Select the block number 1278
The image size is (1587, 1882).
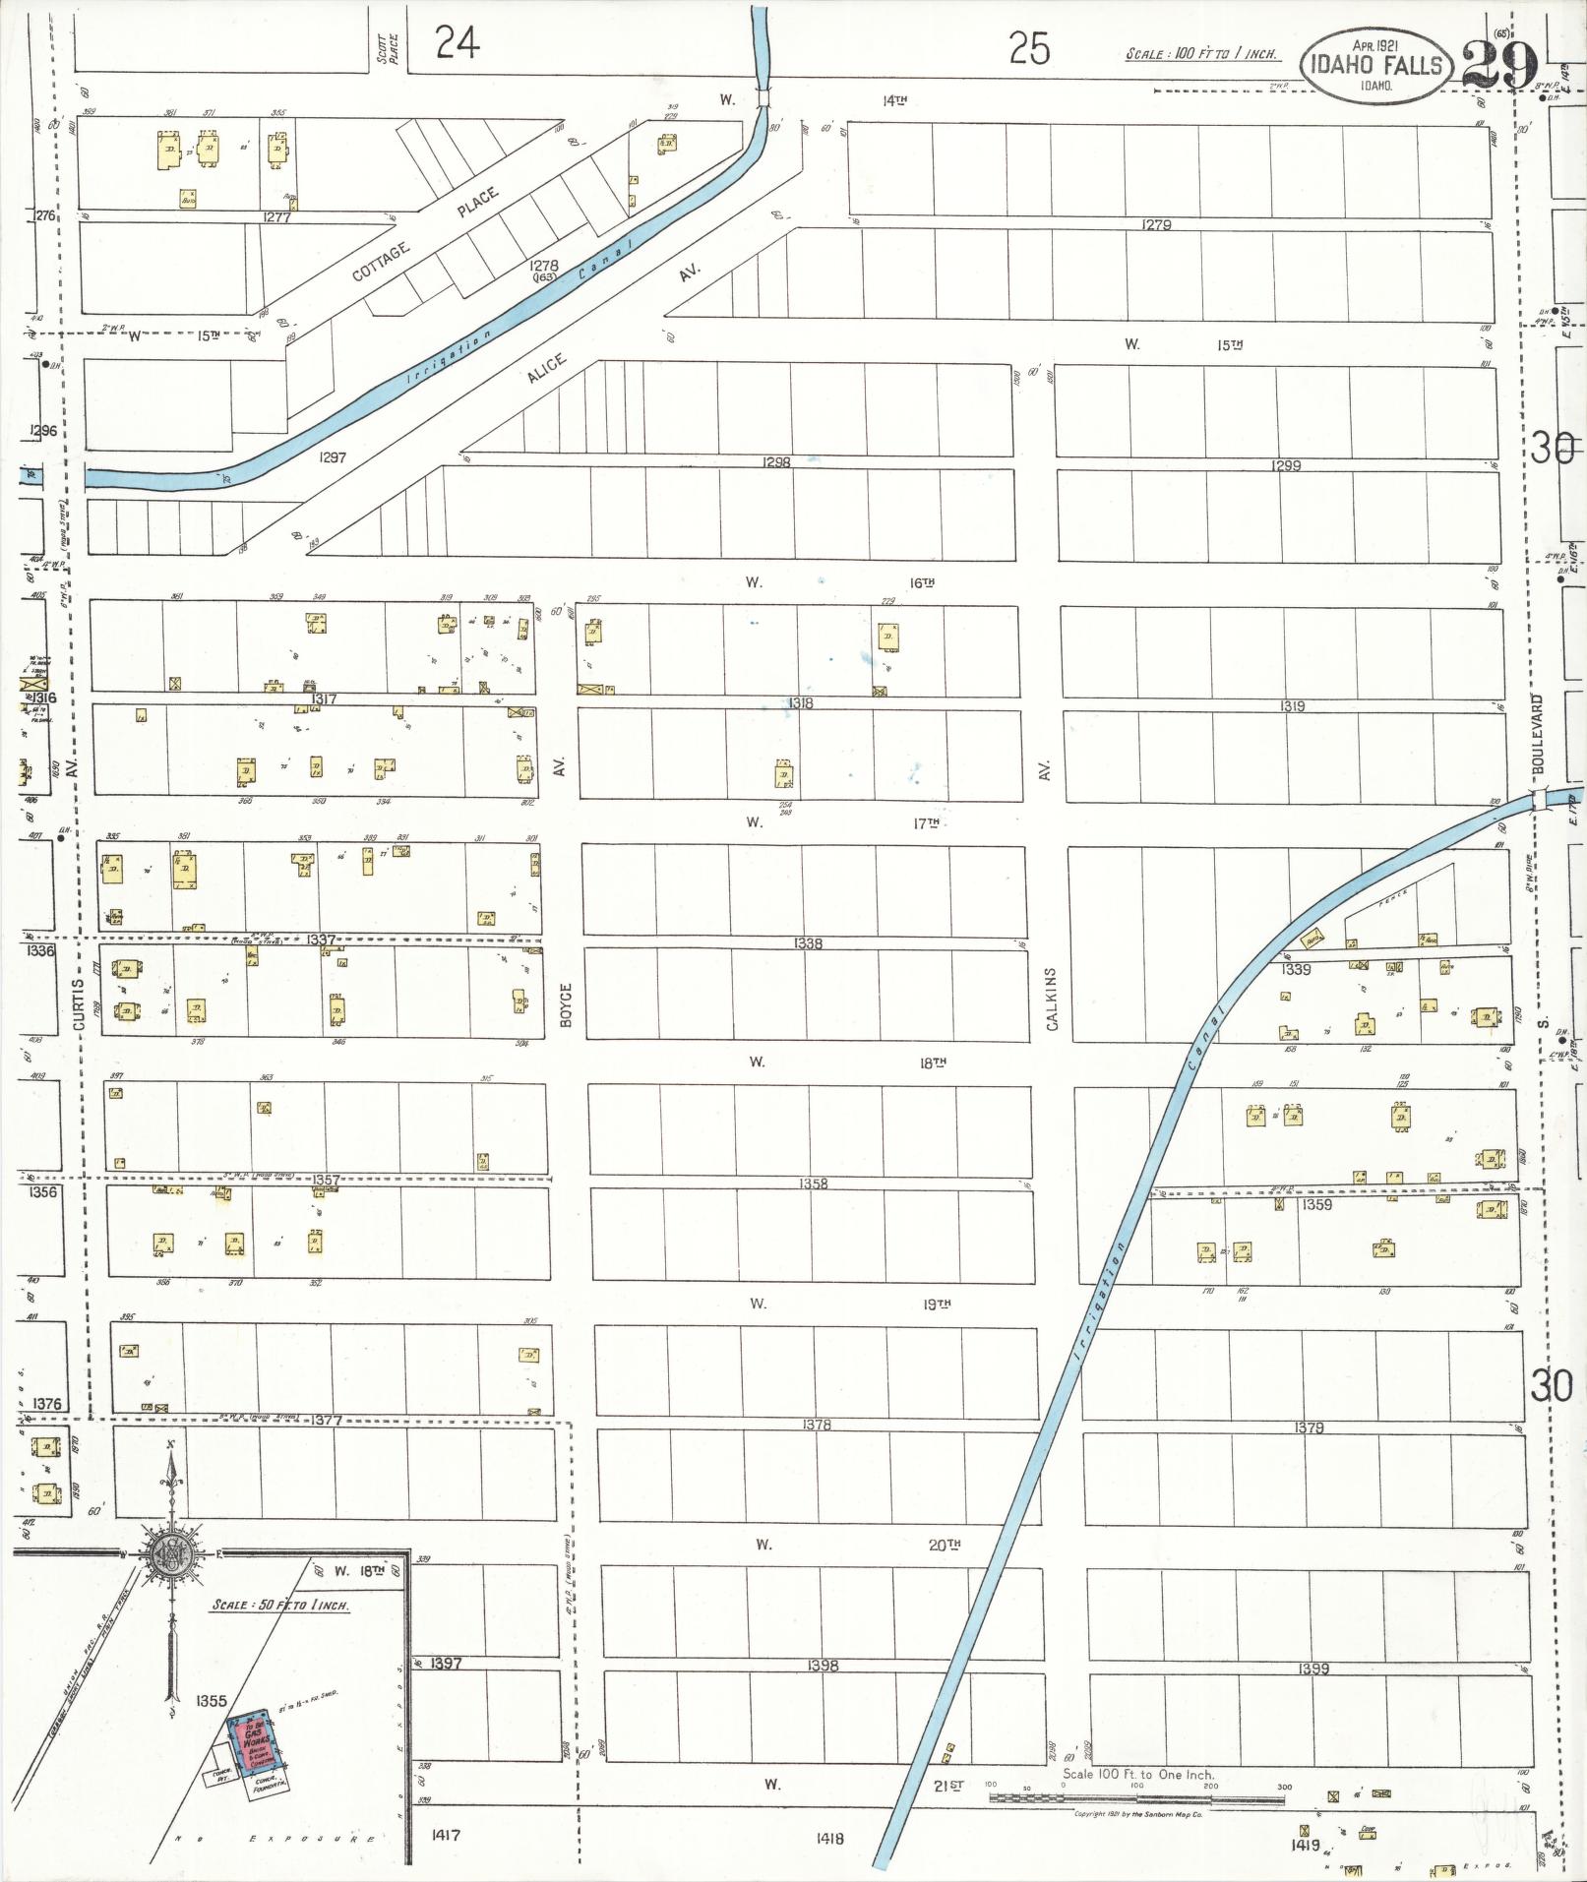[543, 266]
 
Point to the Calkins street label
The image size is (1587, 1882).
[1052, 999]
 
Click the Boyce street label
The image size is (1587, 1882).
[566, 1004]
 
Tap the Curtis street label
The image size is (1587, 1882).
[79, 1003]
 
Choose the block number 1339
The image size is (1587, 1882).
[1296, 969]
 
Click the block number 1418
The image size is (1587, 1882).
[829, 1838]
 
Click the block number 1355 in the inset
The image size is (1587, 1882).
[212, 1700]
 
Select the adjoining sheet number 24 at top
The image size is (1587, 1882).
[458, 44]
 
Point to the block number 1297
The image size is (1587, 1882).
[334, 457]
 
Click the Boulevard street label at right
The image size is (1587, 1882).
[1537, 733]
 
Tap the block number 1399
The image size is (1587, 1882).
[1313, 1669]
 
